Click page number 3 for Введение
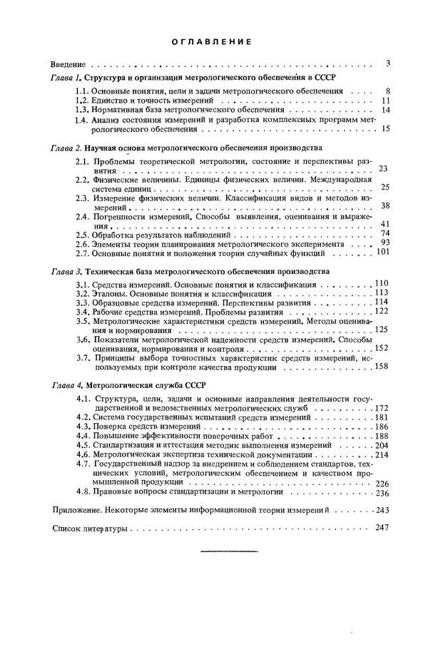387,63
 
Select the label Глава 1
66,76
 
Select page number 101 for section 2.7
382,251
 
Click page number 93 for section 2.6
384,242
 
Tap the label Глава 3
66,272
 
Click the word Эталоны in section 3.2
113,292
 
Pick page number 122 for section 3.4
382,311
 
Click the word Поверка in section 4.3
115,426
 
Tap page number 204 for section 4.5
382,444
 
